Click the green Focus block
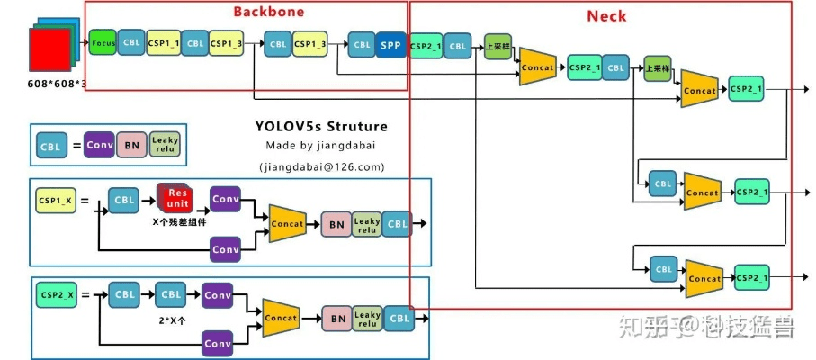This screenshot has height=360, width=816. point(102,42)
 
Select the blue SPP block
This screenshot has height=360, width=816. point(390,44)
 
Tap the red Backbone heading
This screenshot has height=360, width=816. point(268,12)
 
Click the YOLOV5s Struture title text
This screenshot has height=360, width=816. point(321,126)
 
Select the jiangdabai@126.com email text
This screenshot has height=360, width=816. point(321,166)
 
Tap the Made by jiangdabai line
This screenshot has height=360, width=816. point(321,146)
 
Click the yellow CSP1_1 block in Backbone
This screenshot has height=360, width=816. point(163,42)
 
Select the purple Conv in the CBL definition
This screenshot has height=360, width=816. point(99,145)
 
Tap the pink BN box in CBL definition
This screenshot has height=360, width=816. point(131,145)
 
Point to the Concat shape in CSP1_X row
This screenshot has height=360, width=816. point(288,221)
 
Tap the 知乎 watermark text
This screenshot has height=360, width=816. point(641,326)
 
